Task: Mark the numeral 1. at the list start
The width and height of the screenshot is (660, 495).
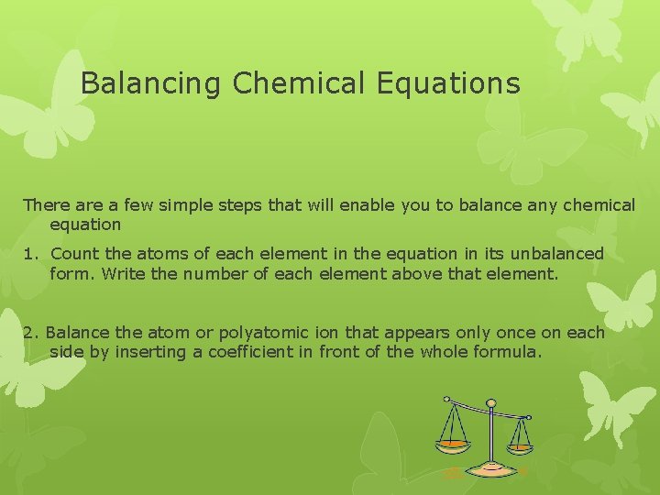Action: click(30, 253)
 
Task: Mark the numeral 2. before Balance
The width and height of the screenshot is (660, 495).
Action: click(30, 332)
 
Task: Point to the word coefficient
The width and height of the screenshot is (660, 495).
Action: click(242, 351)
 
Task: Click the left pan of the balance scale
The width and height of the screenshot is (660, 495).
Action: click(451, 444)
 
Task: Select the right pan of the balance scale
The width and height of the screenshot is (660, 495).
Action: click(520, 447)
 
